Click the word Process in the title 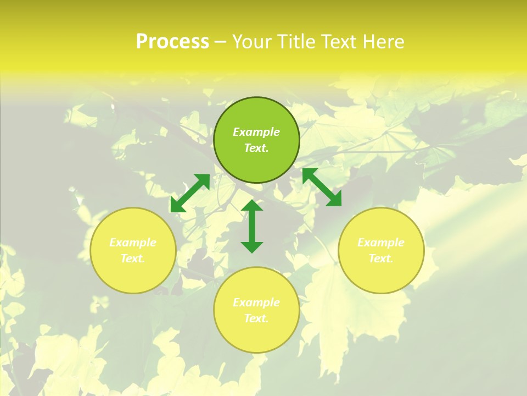[x=172, y=42]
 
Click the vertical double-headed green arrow [x=252, y=226]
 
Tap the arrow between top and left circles [x=190, y=193]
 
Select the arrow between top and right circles [x=322, y=187]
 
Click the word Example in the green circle [x=256, y=132]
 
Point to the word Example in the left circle [x=133, y=243]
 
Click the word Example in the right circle [x=381, y=243]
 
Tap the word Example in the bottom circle [x=256, y=302]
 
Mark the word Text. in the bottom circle [x=256, y=318]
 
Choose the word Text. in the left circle [x=133, y=258]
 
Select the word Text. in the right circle [x=381, y=258]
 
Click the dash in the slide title [x=221, y=42]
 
